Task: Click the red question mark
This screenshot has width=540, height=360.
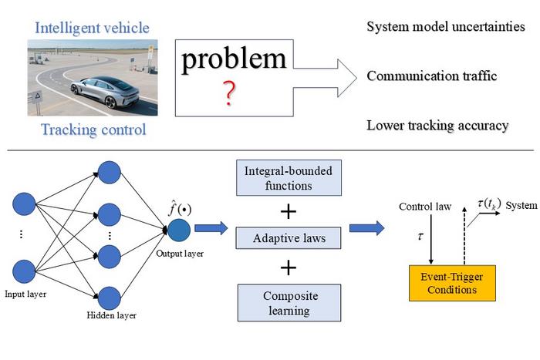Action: pyautogui.click(x=229, y=93)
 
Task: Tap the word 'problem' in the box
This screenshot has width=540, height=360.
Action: pyautogui.click(x=233, y=60)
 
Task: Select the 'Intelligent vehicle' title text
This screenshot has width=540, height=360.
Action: pyautogui.click(x=92, y=29)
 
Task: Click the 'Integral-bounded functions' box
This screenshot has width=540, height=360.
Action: pyautogui.click(x=288, y=179)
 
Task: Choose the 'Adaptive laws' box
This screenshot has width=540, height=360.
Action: pyautogui.click(x=288, y=238)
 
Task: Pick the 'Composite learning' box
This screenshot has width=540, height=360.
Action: pyautogui.click(x=288, y=303)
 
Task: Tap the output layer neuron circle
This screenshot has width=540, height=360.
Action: pyautogui.click(x=179, y=230)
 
